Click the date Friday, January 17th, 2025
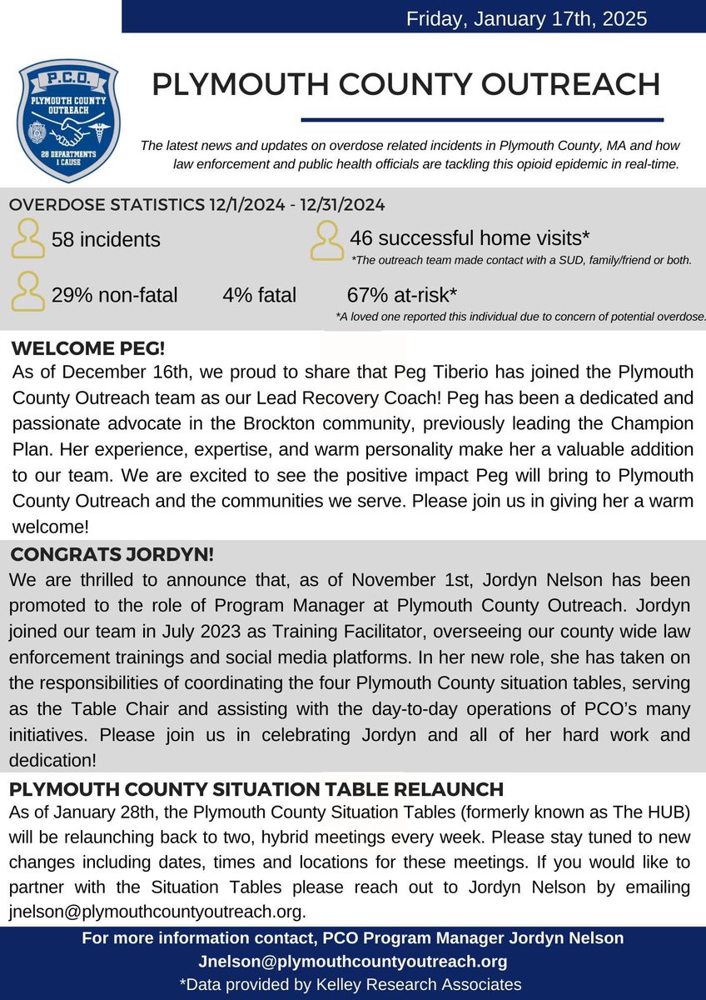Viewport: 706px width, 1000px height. pos(526,18)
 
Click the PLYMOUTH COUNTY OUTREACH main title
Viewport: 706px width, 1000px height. pos(406,84)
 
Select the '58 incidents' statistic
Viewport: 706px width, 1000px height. pos(106,240)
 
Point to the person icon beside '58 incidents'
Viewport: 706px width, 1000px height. pos(29,239)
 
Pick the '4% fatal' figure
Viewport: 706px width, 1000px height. pos(259,295)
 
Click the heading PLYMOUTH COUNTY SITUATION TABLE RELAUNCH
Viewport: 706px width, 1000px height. pos(256,788)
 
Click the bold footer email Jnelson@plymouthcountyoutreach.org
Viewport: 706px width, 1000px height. pos(352,961)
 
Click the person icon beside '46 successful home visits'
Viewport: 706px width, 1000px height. pos(327,239)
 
